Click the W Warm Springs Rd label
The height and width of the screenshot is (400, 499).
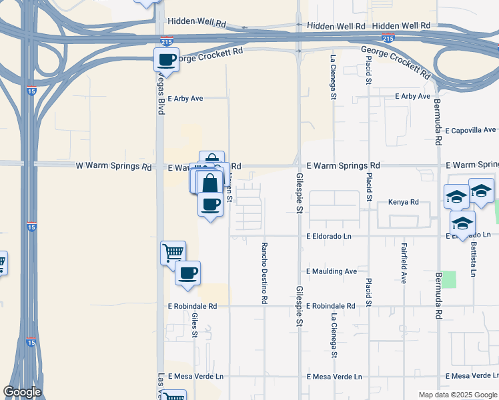coord(113,166)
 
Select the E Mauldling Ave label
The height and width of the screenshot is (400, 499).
coord(332,271)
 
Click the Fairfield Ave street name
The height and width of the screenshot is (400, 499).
coord(404,263)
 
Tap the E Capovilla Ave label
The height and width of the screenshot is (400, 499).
coord(471,130)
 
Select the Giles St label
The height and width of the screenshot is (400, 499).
coord(195,325)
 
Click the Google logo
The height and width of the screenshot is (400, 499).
coord(23,391)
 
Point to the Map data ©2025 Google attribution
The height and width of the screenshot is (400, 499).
coord(458,395)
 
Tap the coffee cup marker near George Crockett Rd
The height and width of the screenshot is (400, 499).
coord(166,60)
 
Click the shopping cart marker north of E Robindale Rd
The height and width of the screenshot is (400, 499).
coord(173,253)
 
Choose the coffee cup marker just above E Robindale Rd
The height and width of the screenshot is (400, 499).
coord(187,273)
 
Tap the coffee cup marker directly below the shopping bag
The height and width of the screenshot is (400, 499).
coord(211,204)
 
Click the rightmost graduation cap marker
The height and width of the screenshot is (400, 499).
coord(481,191)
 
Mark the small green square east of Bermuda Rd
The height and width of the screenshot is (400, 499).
coord(448,279)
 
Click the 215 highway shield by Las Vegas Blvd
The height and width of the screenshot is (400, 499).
coord(165,41)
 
